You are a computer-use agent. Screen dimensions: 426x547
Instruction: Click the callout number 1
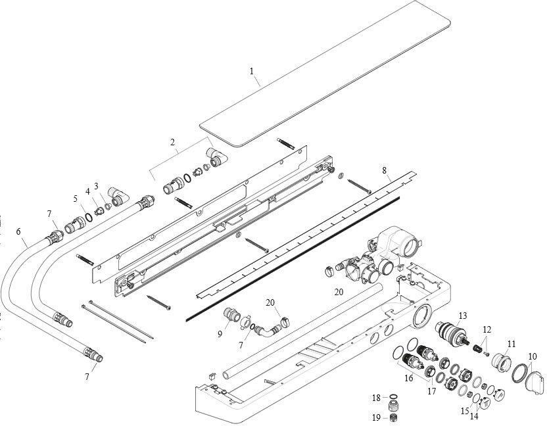[252, 71]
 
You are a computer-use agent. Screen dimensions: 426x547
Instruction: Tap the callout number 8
[385, 170]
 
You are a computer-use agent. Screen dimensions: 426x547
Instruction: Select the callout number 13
[463, 316]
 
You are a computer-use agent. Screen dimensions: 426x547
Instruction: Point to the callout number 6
[18, 231]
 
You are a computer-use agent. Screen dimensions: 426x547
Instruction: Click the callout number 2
[172, 142]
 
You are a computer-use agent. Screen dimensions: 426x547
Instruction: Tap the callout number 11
[511, 343]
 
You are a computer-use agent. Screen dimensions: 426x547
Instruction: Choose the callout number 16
[408, 377]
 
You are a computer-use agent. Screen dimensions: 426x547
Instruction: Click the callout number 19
[376, 417]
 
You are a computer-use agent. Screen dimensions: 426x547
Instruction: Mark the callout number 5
[75, 199]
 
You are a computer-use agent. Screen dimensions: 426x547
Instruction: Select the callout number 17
[432, 392]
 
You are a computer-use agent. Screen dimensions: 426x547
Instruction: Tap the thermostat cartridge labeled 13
[454, 335]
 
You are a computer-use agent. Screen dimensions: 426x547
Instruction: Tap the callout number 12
[487, 329]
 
